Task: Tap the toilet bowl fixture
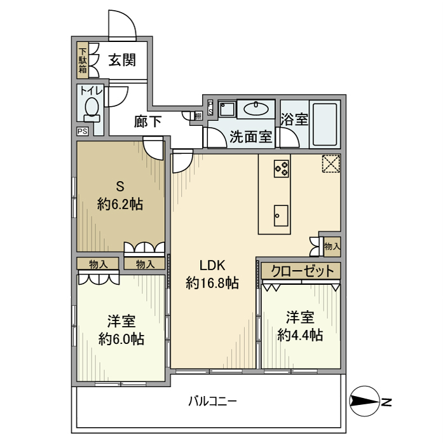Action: click(91, 109)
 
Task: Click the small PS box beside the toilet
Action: click(82, 132)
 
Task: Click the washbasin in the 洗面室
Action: click(256, 108)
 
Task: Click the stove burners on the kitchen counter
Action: click(281, 168)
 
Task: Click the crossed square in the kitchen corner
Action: click(331, 163)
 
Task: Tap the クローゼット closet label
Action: click(302, 271)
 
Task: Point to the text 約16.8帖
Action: click(212, 284)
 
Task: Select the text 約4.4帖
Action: click(299, 334)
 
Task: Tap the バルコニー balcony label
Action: click(213, 402)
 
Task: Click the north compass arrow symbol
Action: click(366, 402)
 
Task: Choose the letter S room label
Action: click(119, 186)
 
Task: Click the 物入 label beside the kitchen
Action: click(332, 245)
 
